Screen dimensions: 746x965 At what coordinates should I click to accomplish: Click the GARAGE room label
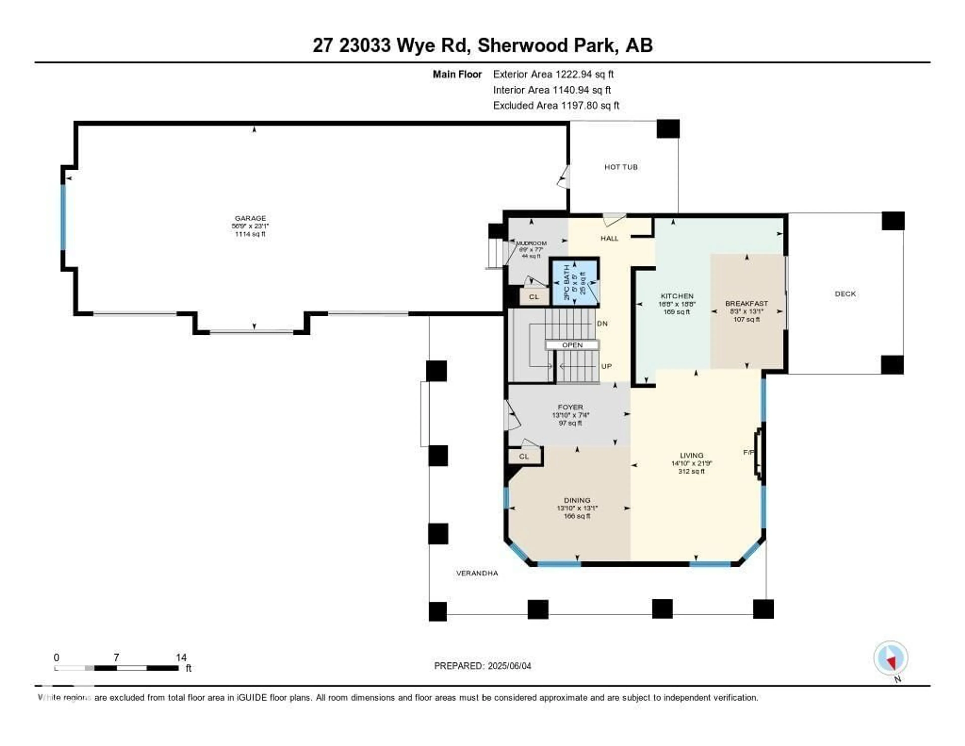pyautogui.click(x=250, y=218)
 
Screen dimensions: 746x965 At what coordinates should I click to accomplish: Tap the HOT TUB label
pyautogui.click(x=621, y=167)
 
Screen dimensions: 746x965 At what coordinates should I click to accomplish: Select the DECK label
pyautogui.click(x=845, y=294)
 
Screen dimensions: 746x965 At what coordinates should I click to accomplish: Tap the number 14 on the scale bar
pyautogui.click(x=181, y=657)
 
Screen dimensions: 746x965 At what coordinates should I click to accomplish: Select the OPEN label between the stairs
pyautogui.click(x=572, y=345)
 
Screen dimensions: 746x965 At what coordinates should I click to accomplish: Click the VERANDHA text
pyautogui.click(x=477, y=573)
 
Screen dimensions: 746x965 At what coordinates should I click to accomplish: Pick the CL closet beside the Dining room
pyautogui.click(x=524, y=456)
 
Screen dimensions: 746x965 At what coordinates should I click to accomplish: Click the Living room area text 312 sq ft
pyautogui.click(x=692, y=471)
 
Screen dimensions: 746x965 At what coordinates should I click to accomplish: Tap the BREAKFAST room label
pyautogui.click(x=746, y=303)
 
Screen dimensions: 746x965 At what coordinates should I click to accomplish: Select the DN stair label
pyautogui.click(x=602, y=324)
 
